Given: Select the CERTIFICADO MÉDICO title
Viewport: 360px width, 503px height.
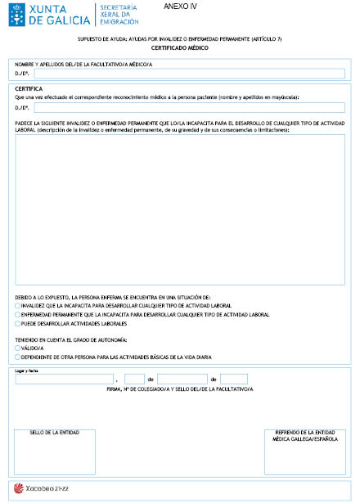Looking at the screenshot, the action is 180,48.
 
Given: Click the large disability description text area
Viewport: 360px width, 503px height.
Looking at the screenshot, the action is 180,209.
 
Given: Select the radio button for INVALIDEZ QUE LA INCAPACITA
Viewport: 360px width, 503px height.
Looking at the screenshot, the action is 18,305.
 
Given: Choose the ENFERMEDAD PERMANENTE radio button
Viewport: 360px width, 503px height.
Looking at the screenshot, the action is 18,314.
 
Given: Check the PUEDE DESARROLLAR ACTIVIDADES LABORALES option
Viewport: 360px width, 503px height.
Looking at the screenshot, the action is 18,323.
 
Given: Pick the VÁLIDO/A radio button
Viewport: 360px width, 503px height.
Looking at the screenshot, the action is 18,348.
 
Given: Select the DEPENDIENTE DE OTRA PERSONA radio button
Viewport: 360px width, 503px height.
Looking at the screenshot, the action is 18,357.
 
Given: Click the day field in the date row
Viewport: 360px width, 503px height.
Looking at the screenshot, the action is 135,379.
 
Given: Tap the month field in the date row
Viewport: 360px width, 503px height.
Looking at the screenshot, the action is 182,379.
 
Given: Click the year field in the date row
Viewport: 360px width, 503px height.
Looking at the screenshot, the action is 234,379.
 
